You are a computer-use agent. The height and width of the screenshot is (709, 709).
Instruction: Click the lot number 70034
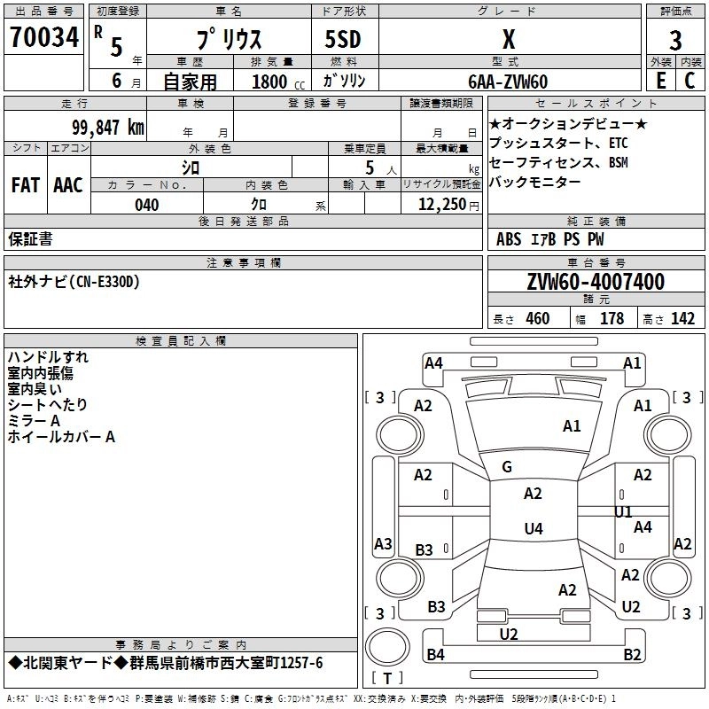(44, 37)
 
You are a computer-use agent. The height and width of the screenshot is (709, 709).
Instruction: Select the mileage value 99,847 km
(108, 128)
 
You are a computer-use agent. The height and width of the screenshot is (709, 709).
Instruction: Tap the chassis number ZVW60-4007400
(596, 282)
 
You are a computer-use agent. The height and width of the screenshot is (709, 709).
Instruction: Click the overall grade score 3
(675, 41)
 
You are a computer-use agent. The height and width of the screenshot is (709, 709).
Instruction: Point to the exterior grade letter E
(661, 81)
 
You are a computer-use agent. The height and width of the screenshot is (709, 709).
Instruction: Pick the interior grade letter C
(690, 81)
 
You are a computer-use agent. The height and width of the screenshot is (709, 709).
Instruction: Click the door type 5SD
(343, 39)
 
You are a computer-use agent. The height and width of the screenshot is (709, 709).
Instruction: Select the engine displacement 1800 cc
(278, 82)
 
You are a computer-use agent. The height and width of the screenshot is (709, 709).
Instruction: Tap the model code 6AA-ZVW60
(508, 82)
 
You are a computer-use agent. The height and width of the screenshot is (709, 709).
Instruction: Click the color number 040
(146, 205)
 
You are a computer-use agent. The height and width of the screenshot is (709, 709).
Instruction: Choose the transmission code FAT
(26, 185)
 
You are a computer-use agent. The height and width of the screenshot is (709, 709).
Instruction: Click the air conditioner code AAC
(68, 185)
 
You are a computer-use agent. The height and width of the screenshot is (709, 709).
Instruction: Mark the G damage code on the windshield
(507, 467)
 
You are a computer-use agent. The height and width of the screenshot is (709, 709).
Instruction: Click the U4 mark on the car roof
(534, 528)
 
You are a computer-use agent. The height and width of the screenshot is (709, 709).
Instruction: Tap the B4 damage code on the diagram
(435, 654)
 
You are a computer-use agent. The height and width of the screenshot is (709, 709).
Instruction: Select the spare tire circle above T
(387, 647)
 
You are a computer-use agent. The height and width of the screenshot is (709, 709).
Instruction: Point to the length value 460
(538, 318)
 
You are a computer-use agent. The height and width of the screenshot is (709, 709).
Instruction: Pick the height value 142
(682, 318)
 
